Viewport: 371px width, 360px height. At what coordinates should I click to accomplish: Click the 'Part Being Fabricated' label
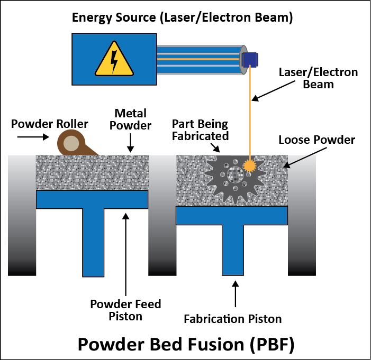click(x=200, y=130)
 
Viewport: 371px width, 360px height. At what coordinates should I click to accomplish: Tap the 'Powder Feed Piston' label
click(x=125, y=310)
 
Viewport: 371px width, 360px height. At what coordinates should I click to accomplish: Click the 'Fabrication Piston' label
click(x=232, y=319)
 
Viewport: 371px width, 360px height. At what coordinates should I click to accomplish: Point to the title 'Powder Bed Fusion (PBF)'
click(x=185, y=344)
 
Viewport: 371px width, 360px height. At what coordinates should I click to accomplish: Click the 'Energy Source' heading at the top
click(x=183, y=18)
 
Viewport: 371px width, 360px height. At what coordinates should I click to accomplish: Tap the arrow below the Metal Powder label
click(x=129, y=142)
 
